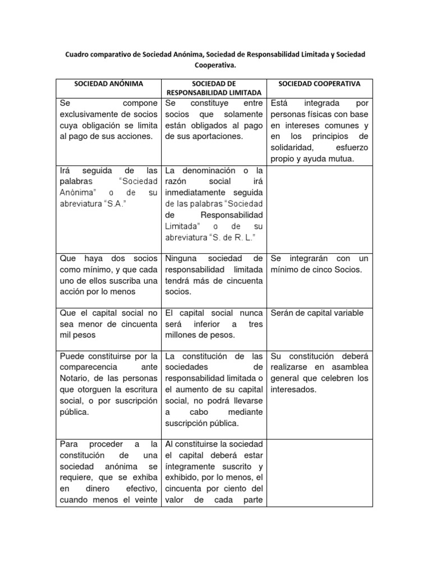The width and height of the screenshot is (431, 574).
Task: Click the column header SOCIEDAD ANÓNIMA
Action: (x=108, y=84)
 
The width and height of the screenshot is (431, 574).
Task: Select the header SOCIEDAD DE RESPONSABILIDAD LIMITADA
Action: (x=213, y=88)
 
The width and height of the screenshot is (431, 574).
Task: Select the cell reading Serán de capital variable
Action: (x=317, y=313)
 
